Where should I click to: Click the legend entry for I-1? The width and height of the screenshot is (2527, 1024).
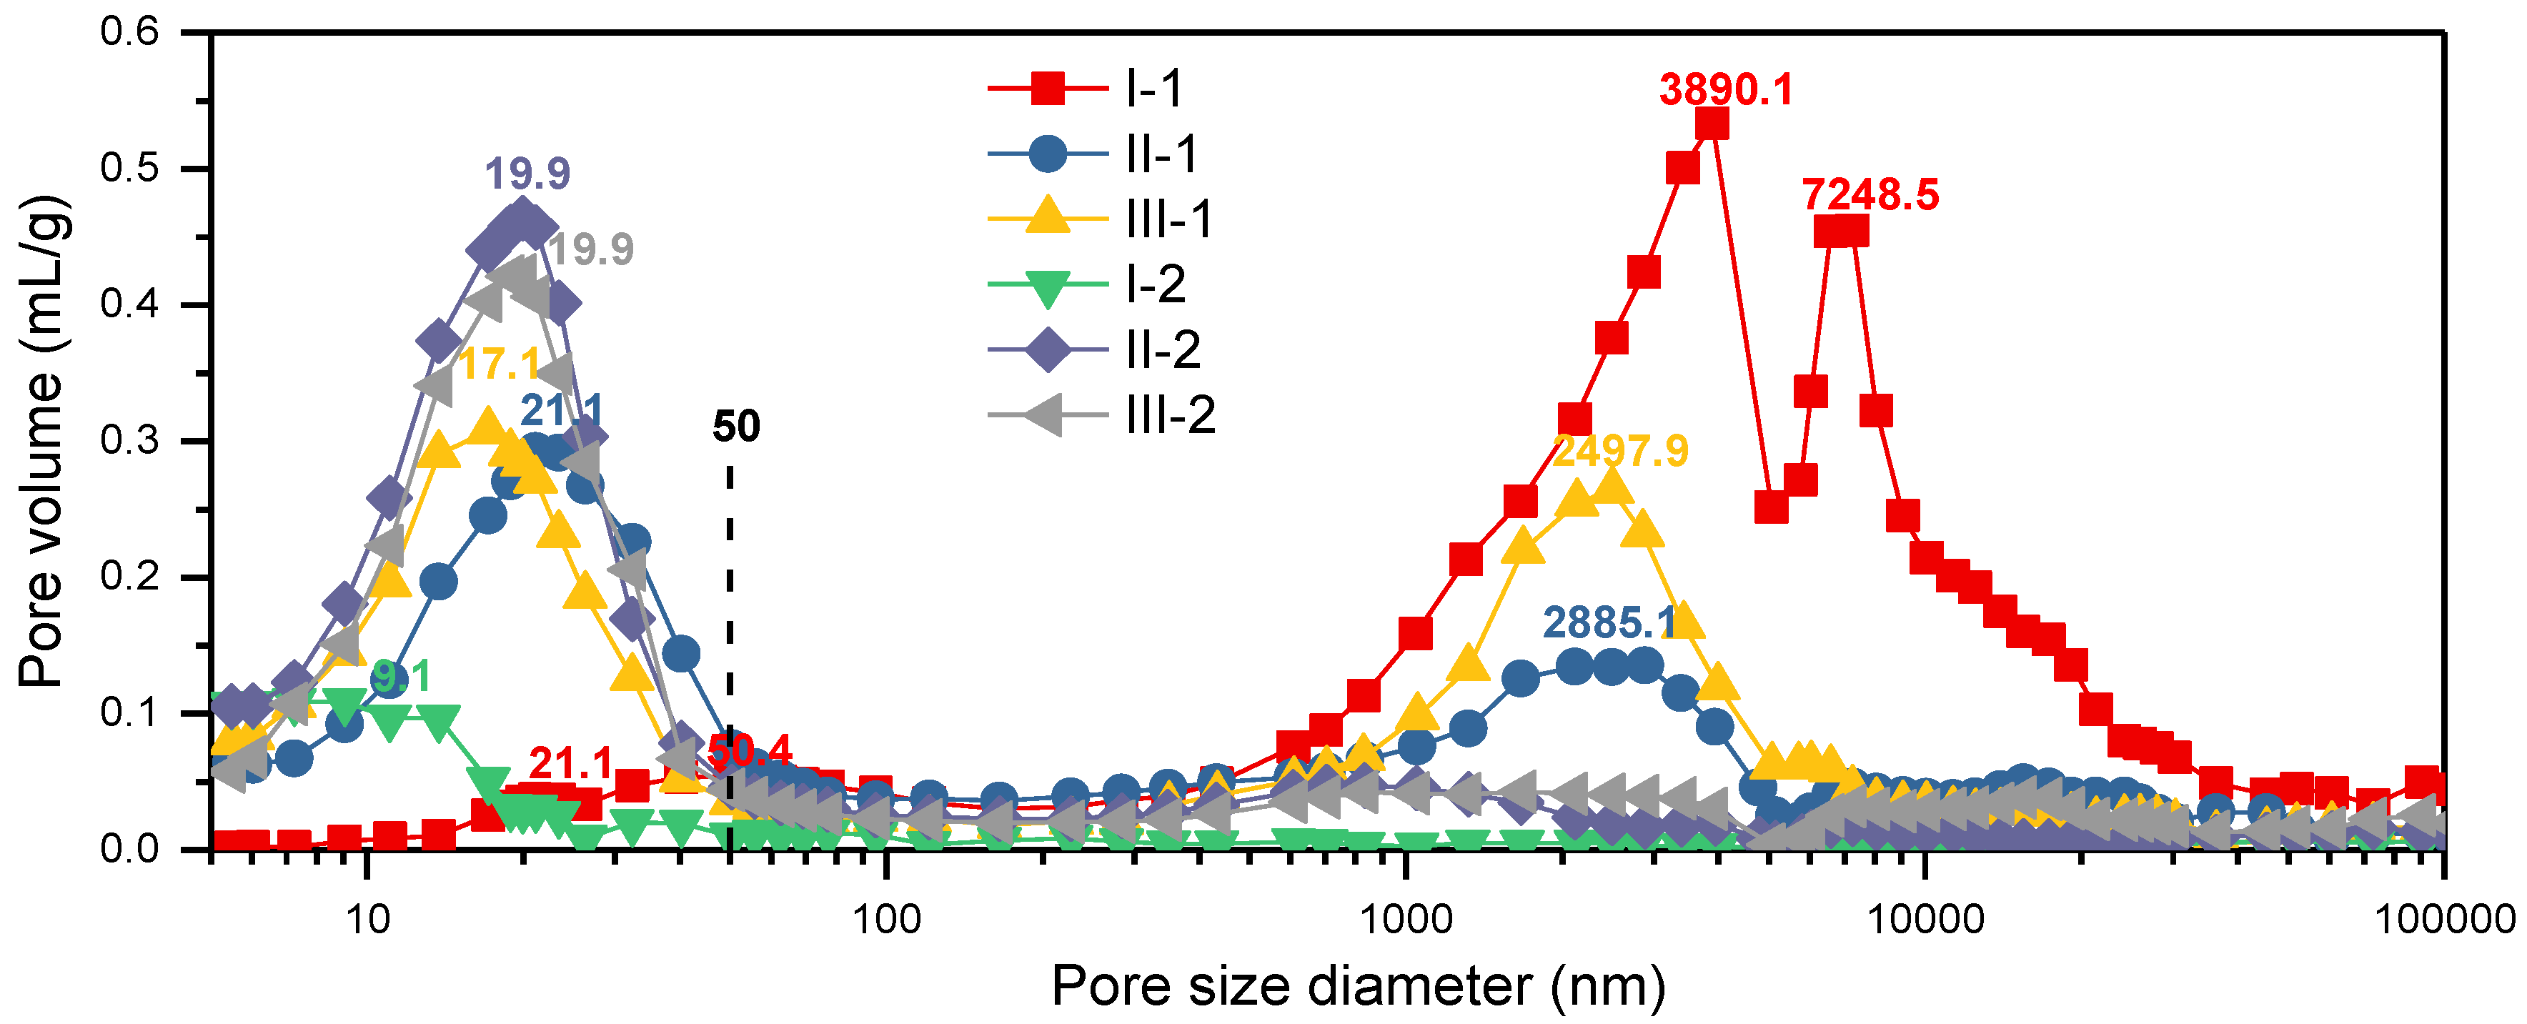click(1098, 89)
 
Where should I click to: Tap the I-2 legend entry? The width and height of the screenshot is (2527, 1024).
click(1098, 284)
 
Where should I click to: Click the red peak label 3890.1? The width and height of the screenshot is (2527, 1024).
click(1726, 90)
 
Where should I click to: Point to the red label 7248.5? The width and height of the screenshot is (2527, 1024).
click(1870, 194)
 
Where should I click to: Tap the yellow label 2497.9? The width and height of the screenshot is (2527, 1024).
click(1621, 451)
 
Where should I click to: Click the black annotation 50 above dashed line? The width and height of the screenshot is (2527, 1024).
click(736, 427)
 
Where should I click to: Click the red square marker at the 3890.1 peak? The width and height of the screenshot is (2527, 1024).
click(1711, 124)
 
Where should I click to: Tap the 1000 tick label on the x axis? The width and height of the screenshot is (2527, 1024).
click(1406, 919)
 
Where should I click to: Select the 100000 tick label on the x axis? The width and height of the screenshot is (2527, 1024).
click(2443, 919)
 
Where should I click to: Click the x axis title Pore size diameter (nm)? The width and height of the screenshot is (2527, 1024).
click(1358, 985)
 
